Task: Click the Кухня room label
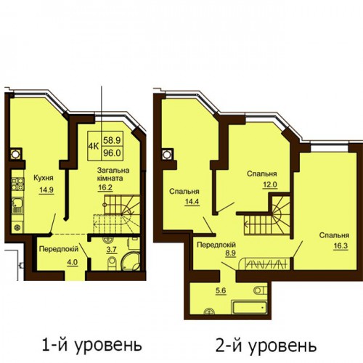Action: click(x=44, y=178)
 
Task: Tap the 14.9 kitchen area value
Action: click(x=46, y=190)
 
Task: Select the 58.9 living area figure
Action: click(x=112, y=140)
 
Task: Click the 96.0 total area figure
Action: click(x=112, y=153)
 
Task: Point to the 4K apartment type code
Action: click(x=94, y=146)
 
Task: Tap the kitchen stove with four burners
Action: click(x=17, y=184)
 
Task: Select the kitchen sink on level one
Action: click(x=17, y=205)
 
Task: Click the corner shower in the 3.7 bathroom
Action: click(x=131, y=262)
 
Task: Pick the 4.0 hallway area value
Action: click(x=72, y=263)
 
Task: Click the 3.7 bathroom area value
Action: click(x=112, y=250)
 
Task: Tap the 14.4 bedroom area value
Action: click(x=192, y=202)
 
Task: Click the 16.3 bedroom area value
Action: click(x=340, y=246)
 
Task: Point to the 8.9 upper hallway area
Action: click(x=230, y=253)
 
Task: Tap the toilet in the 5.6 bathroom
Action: click(x=261, y=290)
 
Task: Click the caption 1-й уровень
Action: click(x=91, y=345)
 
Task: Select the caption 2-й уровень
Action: click(x=266, y=346)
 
